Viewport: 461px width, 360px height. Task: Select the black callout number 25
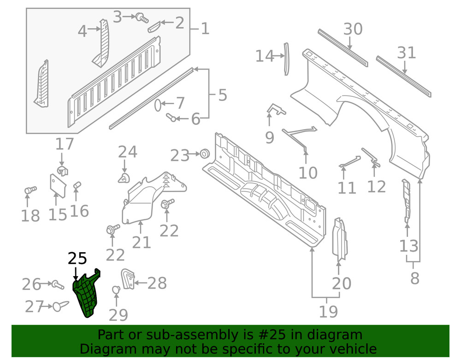pos(77,259)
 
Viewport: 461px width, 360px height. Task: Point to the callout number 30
pos(353,30)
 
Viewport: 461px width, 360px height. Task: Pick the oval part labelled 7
pos(157,105)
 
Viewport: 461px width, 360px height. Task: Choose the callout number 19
pos(329,312)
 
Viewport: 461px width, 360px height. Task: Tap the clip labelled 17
pos(63,171)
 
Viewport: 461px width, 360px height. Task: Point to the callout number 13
pos(409,246)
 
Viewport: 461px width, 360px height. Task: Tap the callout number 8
pos(414,278)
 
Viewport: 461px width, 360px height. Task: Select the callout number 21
pos(141,242)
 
